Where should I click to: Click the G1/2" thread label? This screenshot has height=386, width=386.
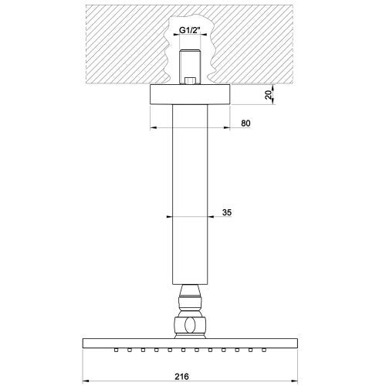coord(189,30)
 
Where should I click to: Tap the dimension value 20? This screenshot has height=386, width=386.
coord(269,95)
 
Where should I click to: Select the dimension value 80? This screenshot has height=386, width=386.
coord(245,124)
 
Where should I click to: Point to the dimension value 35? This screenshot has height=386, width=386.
coord(227,212)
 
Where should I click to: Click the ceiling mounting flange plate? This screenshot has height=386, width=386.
coord(190,94)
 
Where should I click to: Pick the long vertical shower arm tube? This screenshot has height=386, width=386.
coord(190,195)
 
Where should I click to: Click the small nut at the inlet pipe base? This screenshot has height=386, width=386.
coord(190,81)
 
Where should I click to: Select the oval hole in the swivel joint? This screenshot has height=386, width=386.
coord(190,325)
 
